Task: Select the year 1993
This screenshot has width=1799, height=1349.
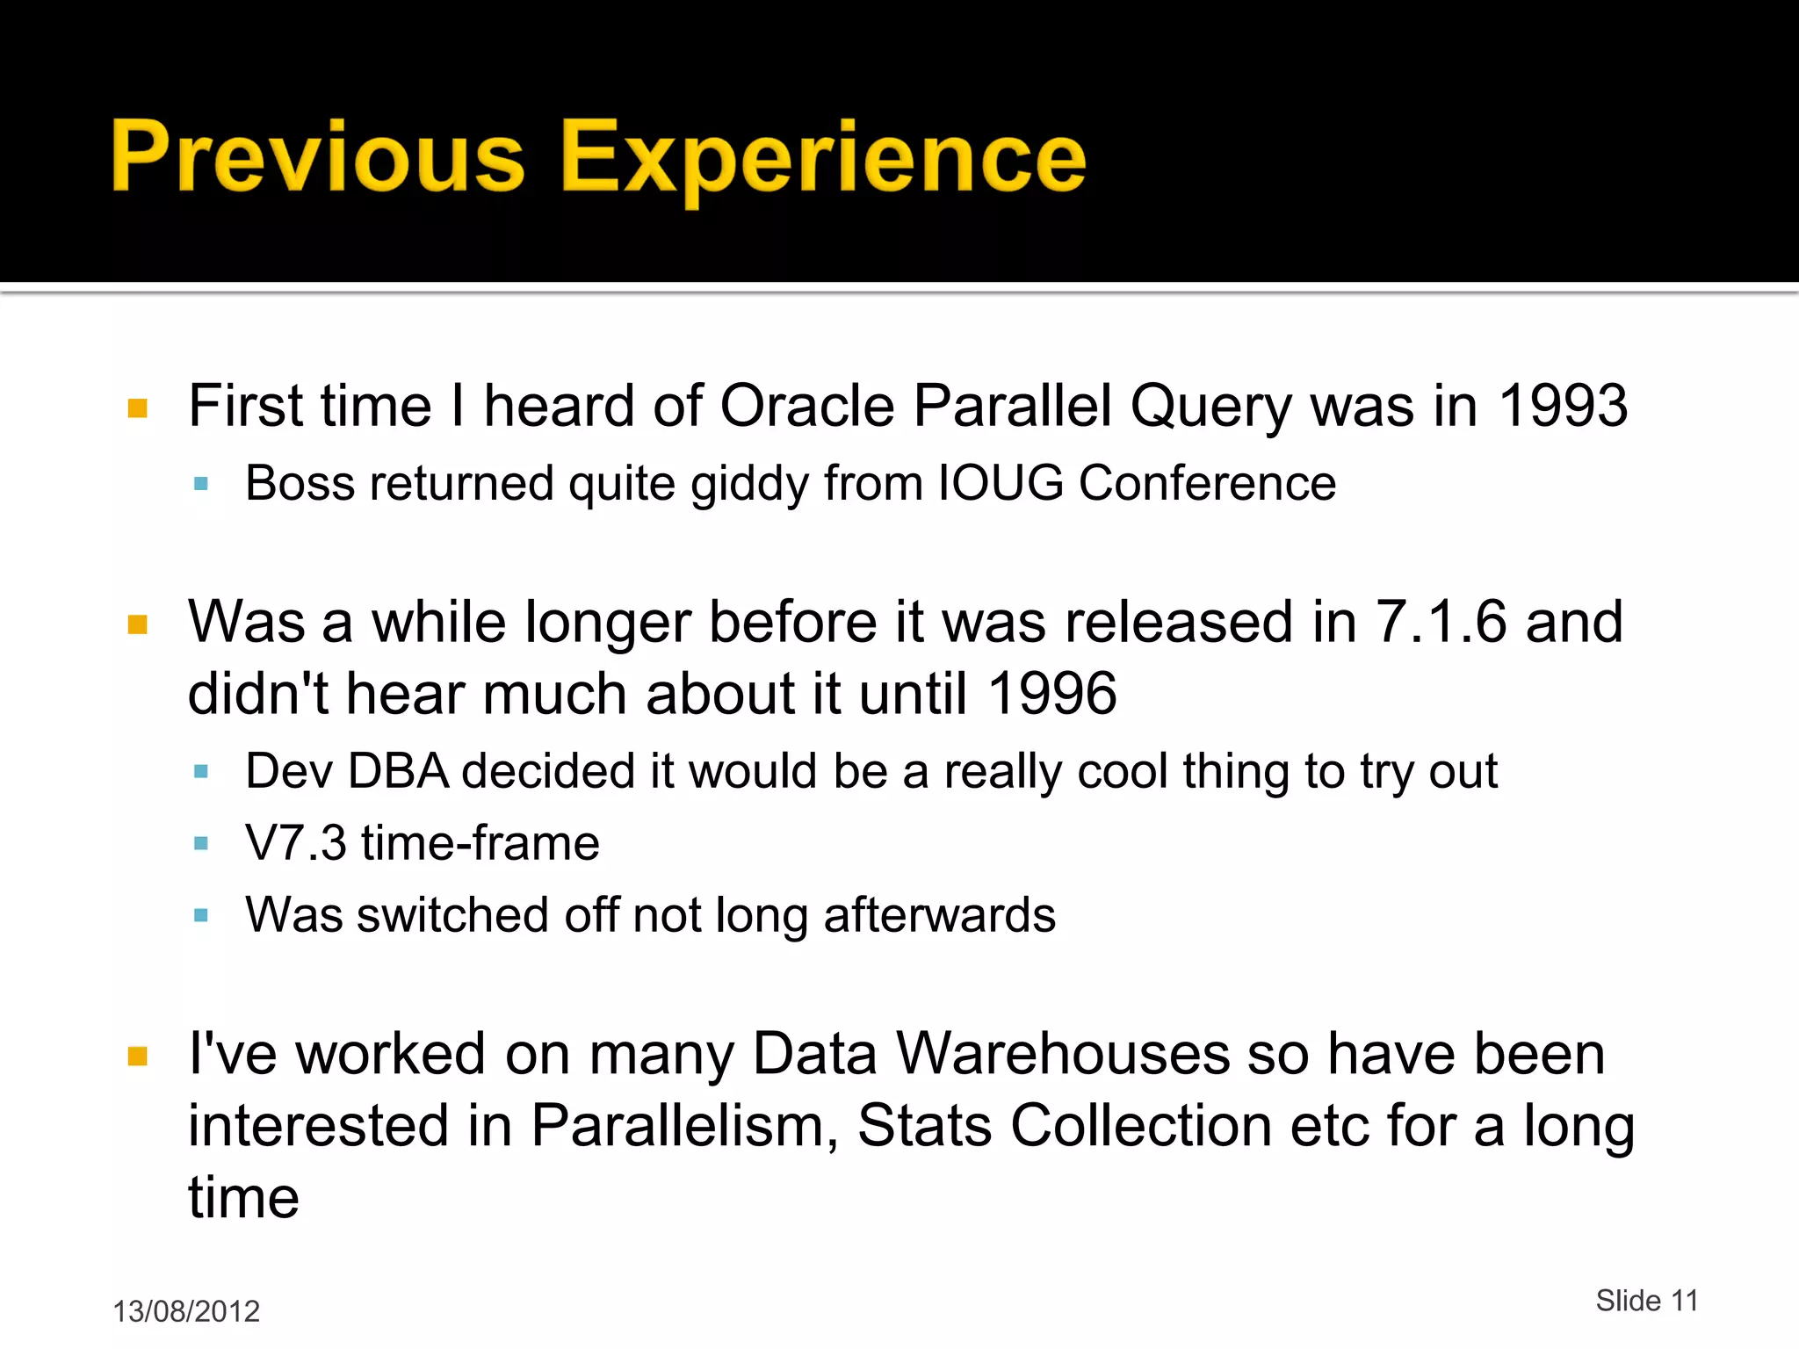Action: (1563, 406)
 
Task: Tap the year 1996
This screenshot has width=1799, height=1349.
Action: (1052, 694)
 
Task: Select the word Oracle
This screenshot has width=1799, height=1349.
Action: (807, 406)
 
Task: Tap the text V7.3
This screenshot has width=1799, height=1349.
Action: (296, 843)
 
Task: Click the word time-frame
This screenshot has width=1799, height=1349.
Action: (480, 843)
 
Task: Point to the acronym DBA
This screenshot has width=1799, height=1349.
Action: (399, 771)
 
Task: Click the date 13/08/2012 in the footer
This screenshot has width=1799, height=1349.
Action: (186, 1311)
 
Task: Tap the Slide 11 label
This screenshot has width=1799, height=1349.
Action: (1647, 1301)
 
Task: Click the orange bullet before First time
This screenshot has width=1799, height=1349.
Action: (138, 408)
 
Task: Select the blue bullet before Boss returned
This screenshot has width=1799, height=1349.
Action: (201, 484)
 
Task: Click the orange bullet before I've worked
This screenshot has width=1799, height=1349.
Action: (138, 1056)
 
